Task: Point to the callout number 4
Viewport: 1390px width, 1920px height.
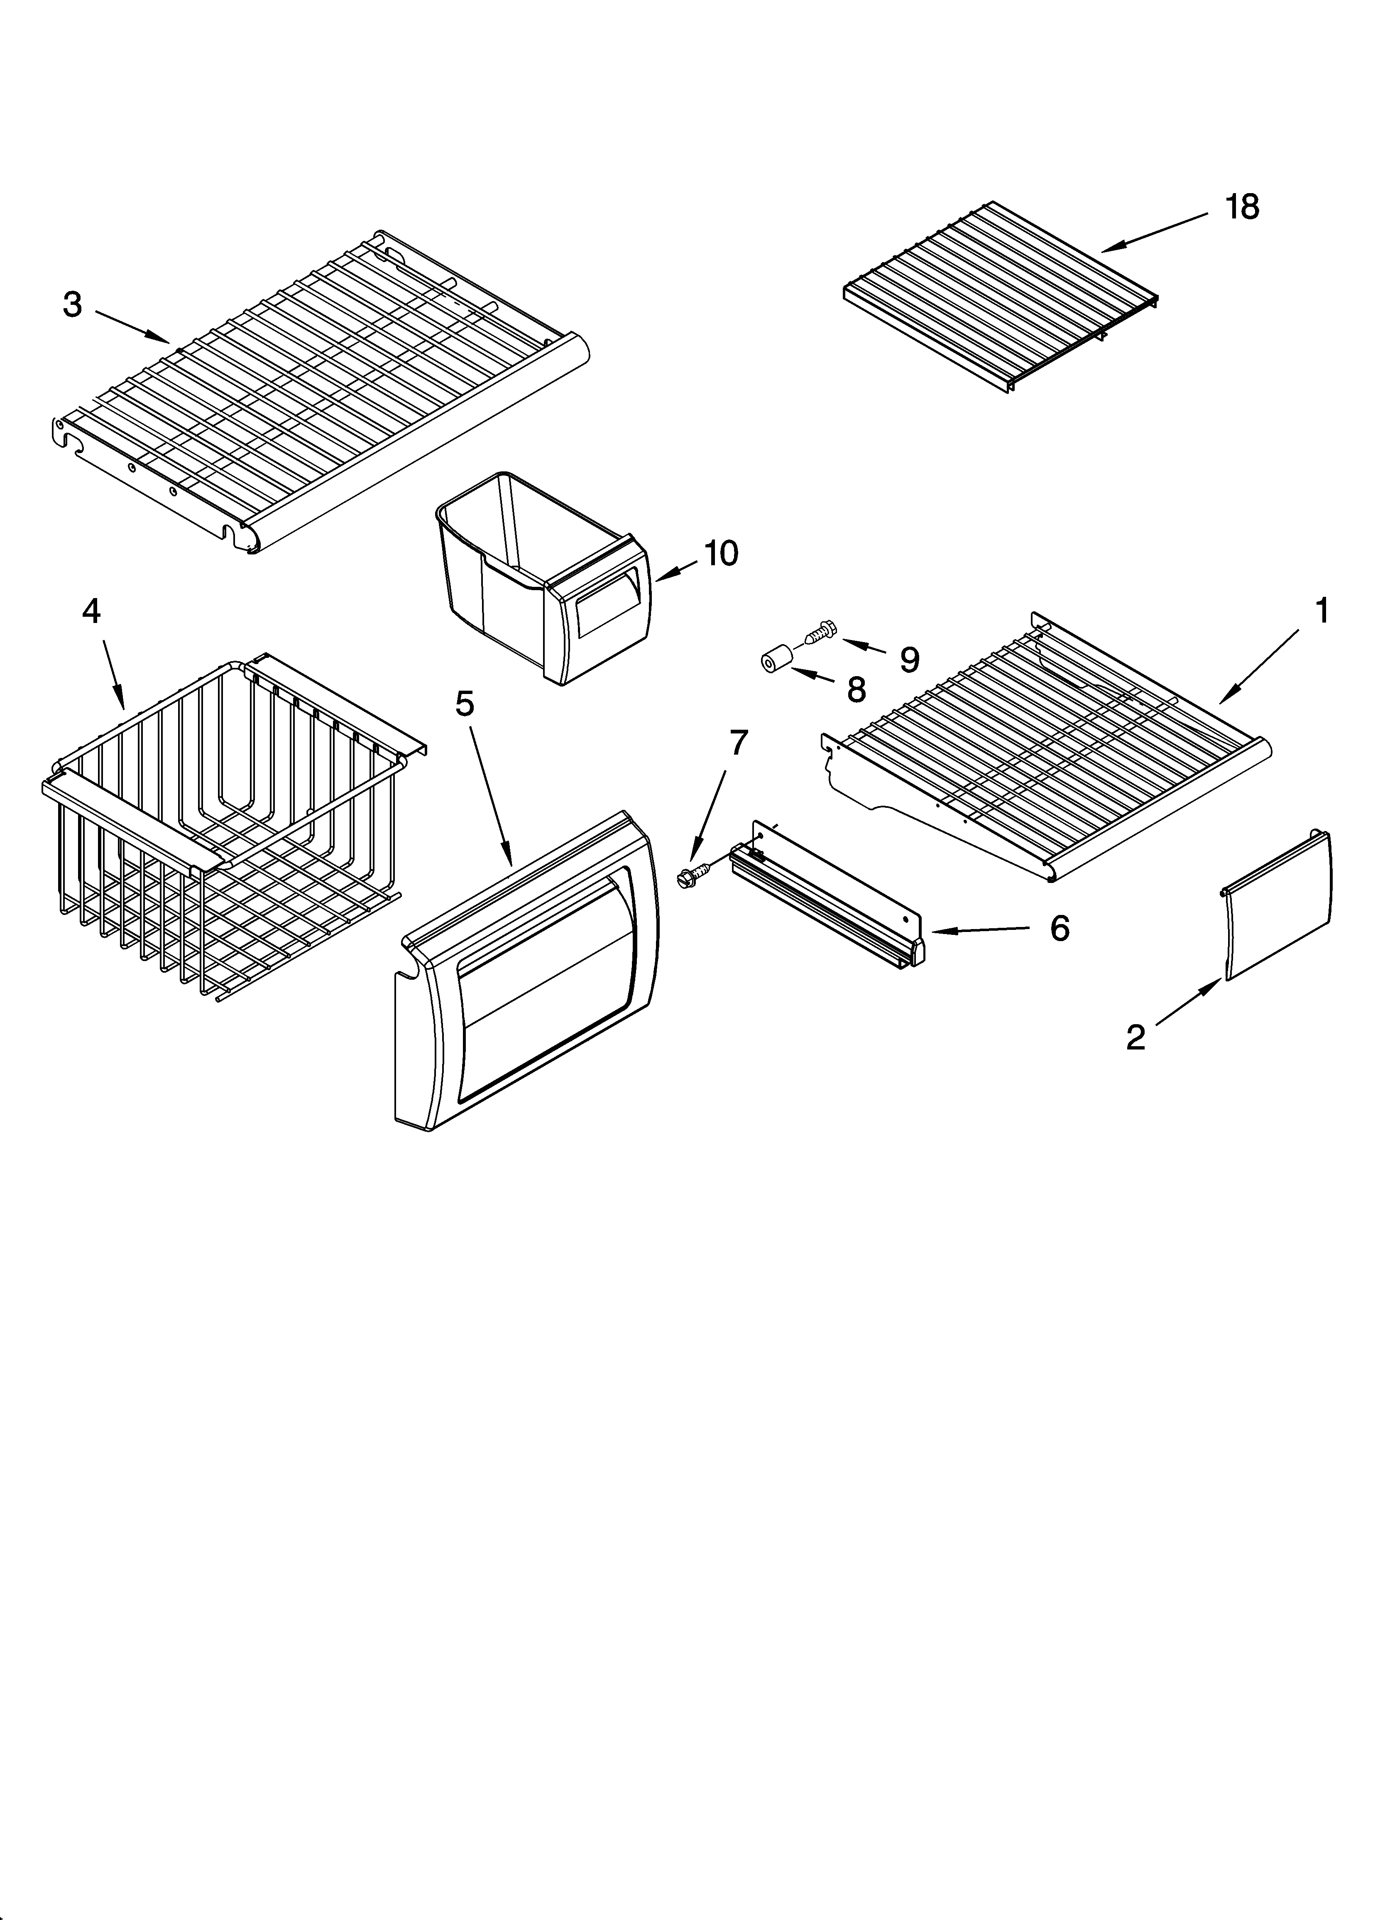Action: pyautogui.click(x=91, y=611)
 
